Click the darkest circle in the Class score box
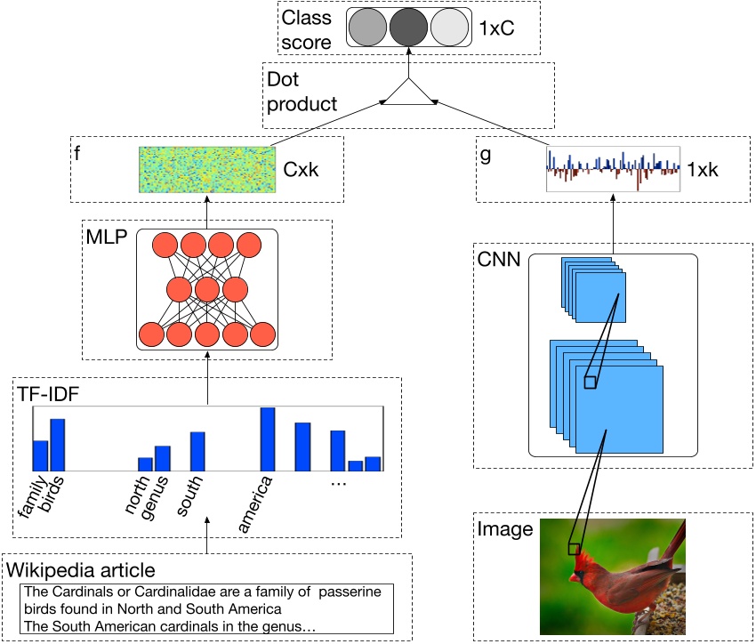point(409,27)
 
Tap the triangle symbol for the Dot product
point(409,95)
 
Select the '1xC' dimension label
point(495,28)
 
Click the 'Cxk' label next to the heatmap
point(300,168)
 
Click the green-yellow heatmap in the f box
point(205,168)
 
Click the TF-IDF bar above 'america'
point(267,439)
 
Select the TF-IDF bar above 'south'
point(198,451)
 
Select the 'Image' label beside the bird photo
point(505,530)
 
